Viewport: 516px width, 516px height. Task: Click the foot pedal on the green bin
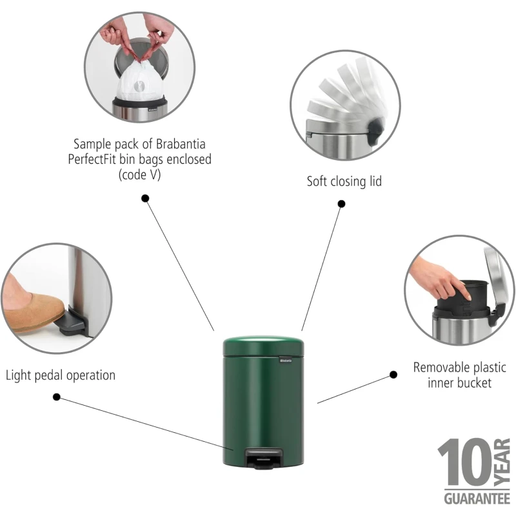(x=264, y=458)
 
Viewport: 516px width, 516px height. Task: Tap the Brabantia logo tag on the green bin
(x=286, y=360)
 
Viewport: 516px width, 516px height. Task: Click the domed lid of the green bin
(x=263, y=346)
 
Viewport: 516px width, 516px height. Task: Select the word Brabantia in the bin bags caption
(x=181, y=144)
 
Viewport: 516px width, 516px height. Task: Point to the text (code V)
(x=139, y=174)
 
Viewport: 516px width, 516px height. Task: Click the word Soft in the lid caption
(x=317, y=181)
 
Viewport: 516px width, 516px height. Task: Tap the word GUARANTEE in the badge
(x=477, y=499)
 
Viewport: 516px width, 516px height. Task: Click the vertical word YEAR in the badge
(x=502, y=462)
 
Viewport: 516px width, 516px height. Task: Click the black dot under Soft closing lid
(x=342, y=204)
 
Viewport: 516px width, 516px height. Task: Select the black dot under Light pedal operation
(x=57, y=397)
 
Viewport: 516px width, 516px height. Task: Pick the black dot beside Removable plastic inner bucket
(x=393, y=375)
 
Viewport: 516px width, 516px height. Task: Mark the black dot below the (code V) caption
(x=145, y=198)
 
